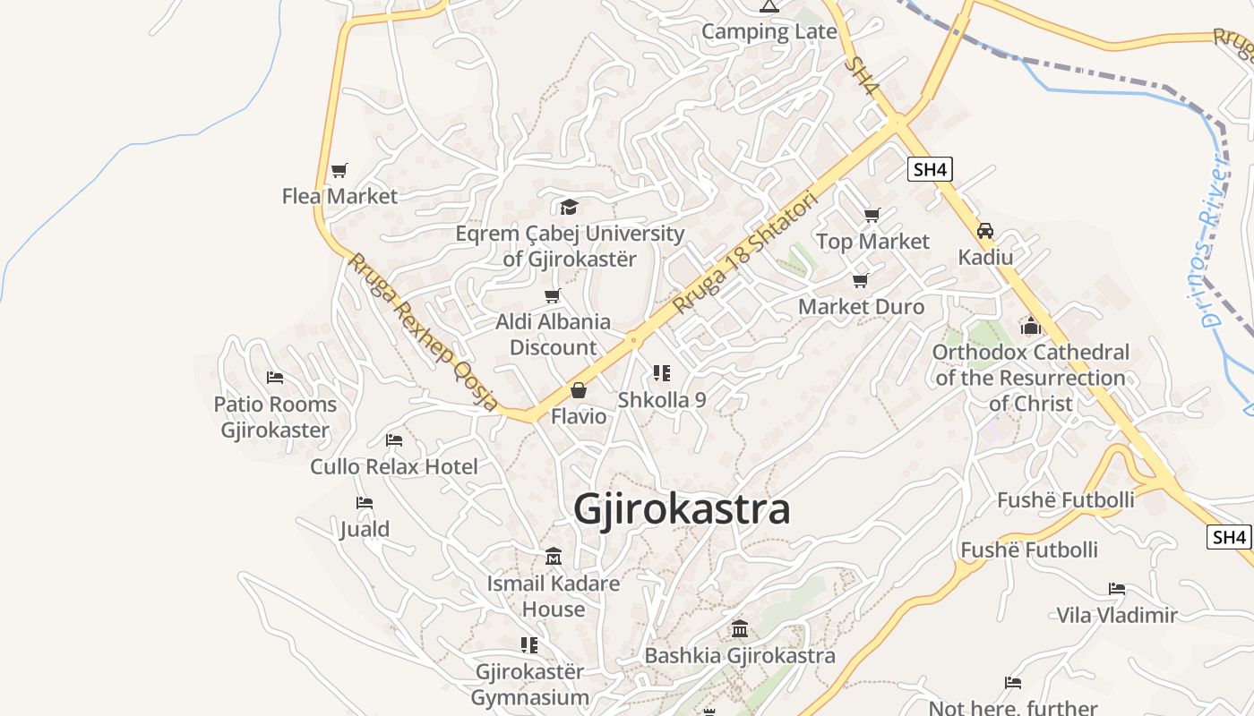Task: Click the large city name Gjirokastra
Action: pos(682,509)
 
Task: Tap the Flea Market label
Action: pos(339,196)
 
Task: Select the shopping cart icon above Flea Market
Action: pos(339,170)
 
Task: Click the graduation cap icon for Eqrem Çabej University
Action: pos(569,208)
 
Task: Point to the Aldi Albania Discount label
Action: pos(553,335)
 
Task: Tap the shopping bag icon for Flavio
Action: pos(579,390)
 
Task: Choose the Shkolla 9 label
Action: pos(662,400)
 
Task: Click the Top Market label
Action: pos(872,242)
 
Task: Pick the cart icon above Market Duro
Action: pos(861,281)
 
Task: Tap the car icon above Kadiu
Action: pos(985,231)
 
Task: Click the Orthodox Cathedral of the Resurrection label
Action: pos(1030,378)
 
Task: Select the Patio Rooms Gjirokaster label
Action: pos(275,417)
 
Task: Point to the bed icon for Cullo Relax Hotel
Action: pos(393,440)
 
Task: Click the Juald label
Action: pos(364,529)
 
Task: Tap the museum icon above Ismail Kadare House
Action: pos(554,558)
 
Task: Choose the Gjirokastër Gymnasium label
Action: pos(529,685)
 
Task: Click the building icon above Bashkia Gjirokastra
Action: pos(739,629)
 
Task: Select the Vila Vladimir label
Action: pos(1116,615)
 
